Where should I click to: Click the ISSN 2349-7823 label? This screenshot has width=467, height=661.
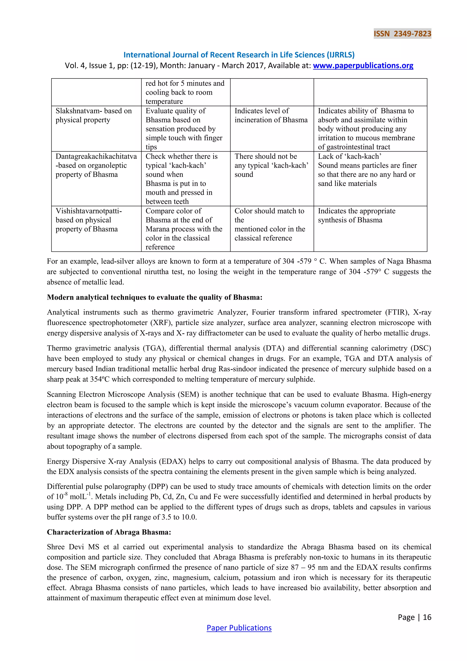[x=402, y=34]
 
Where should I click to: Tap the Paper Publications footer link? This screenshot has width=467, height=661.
[x=239, y=628]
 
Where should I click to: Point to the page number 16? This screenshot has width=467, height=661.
[x=427, y=617]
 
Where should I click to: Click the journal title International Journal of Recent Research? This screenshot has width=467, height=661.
[x=239, y=55]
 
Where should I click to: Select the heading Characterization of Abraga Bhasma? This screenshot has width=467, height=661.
[x=109, y=532]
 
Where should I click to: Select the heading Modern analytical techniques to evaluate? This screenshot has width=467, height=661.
[x=154, y=297]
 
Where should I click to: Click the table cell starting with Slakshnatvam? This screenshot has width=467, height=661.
[x=93, y=115]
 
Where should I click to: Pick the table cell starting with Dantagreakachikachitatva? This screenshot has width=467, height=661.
[x=96, y=165]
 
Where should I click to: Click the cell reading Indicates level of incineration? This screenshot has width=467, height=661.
[x=271, y=115]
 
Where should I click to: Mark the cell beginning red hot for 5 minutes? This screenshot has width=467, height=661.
[x=185, y=92]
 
